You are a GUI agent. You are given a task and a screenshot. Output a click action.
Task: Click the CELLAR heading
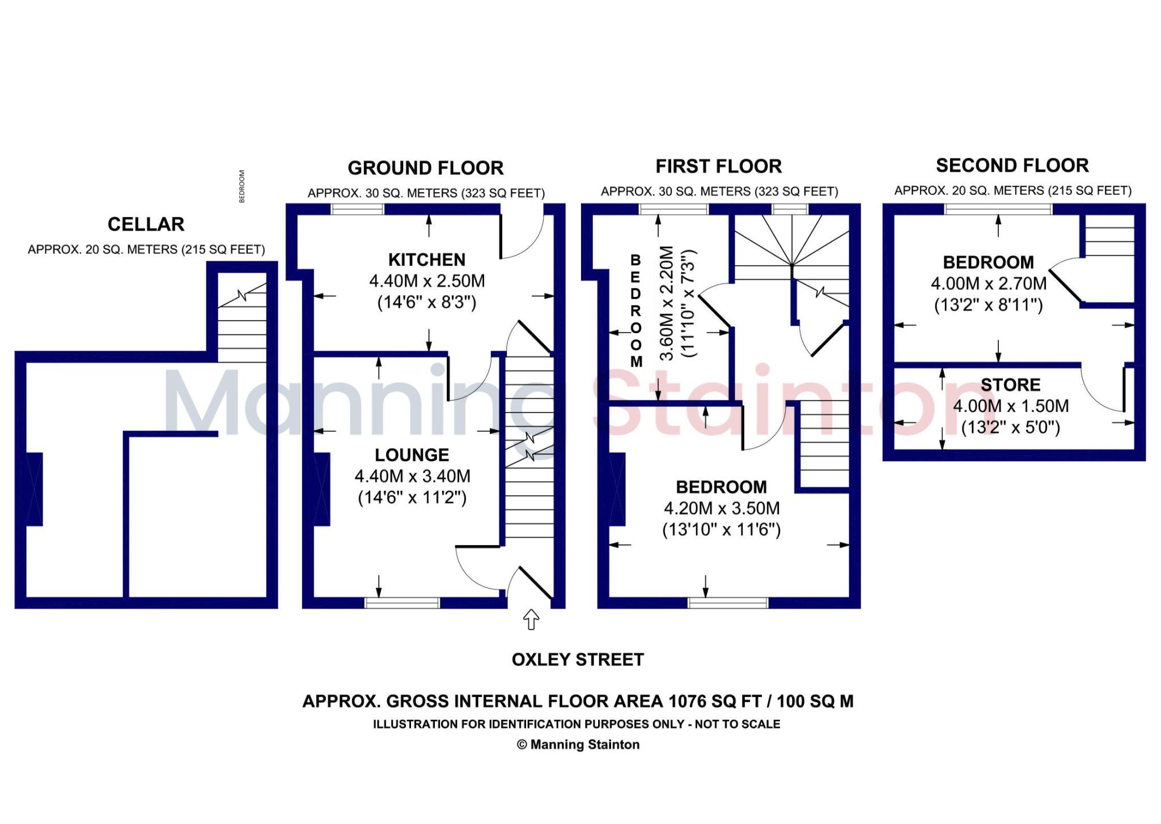point(146,224)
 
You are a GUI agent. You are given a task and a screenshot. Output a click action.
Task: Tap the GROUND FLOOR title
point(425,168)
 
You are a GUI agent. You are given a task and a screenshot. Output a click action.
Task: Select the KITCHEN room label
point(426,260)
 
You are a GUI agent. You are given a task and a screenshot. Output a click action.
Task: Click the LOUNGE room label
point(412,455)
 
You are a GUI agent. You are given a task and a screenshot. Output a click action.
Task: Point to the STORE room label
point(1010,385)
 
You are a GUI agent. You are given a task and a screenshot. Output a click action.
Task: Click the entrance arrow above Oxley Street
point(531,619)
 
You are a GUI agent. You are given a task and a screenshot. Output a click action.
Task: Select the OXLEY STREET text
point(577,660)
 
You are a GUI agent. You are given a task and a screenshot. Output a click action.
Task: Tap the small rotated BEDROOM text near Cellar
point(242,186)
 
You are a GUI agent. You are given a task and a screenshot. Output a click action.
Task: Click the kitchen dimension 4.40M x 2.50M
point(426,281)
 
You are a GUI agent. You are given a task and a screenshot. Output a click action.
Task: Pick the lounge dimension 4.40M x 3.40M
point(412,477)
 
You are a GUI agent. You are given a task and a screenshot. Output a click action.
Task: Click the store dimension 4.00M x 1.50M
point(1010,406)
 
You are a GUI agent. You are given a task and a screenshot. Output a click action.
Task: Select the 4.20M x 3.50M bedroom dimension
point(721,508)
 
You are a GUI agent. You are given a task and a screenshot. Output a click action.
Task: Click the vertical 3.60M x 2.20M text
point(667,303)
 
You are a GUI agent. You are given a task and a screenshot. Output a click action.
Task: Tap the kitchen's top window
point(357,210)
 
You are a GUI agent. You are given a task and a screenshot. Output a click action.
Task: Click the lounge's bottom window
point(402,603)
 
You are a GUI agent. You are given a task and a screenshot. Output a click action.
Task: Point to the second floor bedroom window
point(998,209)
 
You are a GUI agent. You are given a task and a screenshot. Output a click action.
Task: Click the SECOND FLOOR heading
point(1012,165)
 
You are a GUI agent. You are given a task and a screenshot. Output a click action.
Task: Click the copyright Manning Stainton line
point(578,745)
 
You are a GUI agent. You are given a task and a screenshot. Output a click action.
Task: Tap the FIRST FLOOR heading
point(718,167)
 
